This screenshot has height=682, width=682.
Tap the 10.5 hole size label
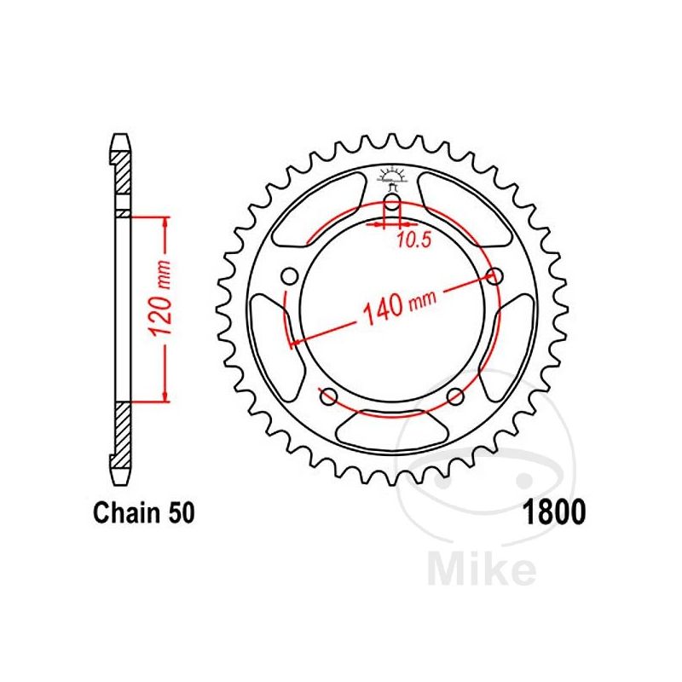coord(413,240)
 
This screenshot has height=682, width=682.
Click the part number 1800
coord(552,514)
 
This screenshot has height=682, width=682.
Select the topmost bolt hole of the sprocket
coord(392,204)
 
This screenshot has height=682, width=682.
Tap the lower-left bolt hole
coord(326,395)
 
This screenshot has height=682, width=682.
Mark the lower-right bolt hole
coord(455,395)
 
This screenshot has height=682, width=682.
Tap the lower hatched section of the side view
coord(122,435)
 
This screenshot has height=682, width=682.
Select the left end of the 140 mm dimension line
coord(292,344)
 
